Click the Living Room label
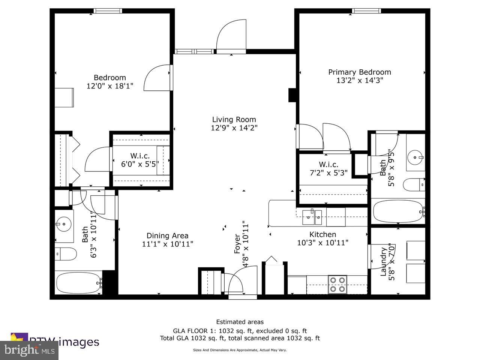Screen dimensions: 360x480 pyautogui.click(x=234, y=120)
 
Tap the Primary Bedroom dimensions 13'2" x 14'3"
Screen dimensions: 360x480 pyautogui.click(x=360, y=80)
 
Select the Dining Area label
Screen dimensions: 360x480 pyautogui.click(x=167, y=236)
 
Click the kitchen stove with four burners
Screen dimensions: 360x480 pyautogui.click(x=337, y=284)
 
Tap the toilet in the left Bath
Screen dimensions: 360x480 pyautogui.click(x=66, y=254)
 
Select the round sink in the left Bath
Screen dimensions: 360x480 pyautogui.click(x=64, y=224)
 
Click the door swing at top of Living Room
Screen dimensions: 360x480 pyautogui.click(x=231, y=36)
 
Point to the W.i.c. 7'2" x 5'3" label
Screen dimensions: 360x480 pyautogui.click(x=328, y=165)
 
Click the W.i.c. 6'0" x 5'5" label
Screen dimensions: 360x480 pyautogui.click(x=140, y=156)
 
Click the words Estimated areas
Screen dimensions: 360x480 pyautogui.click(x=240, y=322)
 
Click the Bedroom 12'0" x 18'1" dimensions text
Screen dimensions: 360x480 pyautogui.click(x=110, y=86)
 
